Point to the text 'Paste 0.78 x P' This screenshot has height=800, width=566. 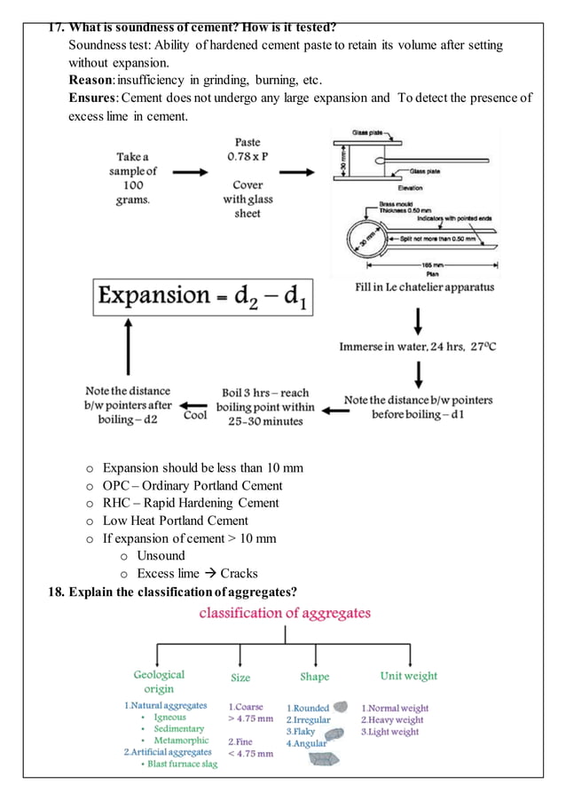(248, 148)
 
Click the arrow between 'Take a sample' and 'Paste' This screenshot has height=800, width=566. (189, 174)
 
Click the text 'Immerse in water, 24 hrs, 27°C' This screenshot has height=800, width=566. (417, 346)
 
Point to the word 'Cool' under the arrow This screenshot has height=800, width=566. (195, 414)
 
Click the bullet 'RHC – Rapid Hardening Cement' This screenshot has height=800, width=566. (190, 503)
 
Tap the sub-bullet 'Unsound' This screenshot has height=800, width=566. (161, 555)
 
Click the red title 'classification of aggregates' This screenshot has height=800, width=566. (284, 613)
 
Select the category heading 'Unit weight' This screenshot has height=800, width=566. (408, 676)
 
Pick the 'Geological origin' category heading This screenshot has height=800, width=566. (159, 681)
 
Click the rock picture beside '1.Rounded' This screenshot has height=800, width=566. (340, 707)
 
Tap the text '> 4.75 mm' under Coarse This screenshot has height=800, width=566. (250, 718)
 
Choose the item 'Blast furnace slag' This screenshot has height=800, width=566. (182, 764)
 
